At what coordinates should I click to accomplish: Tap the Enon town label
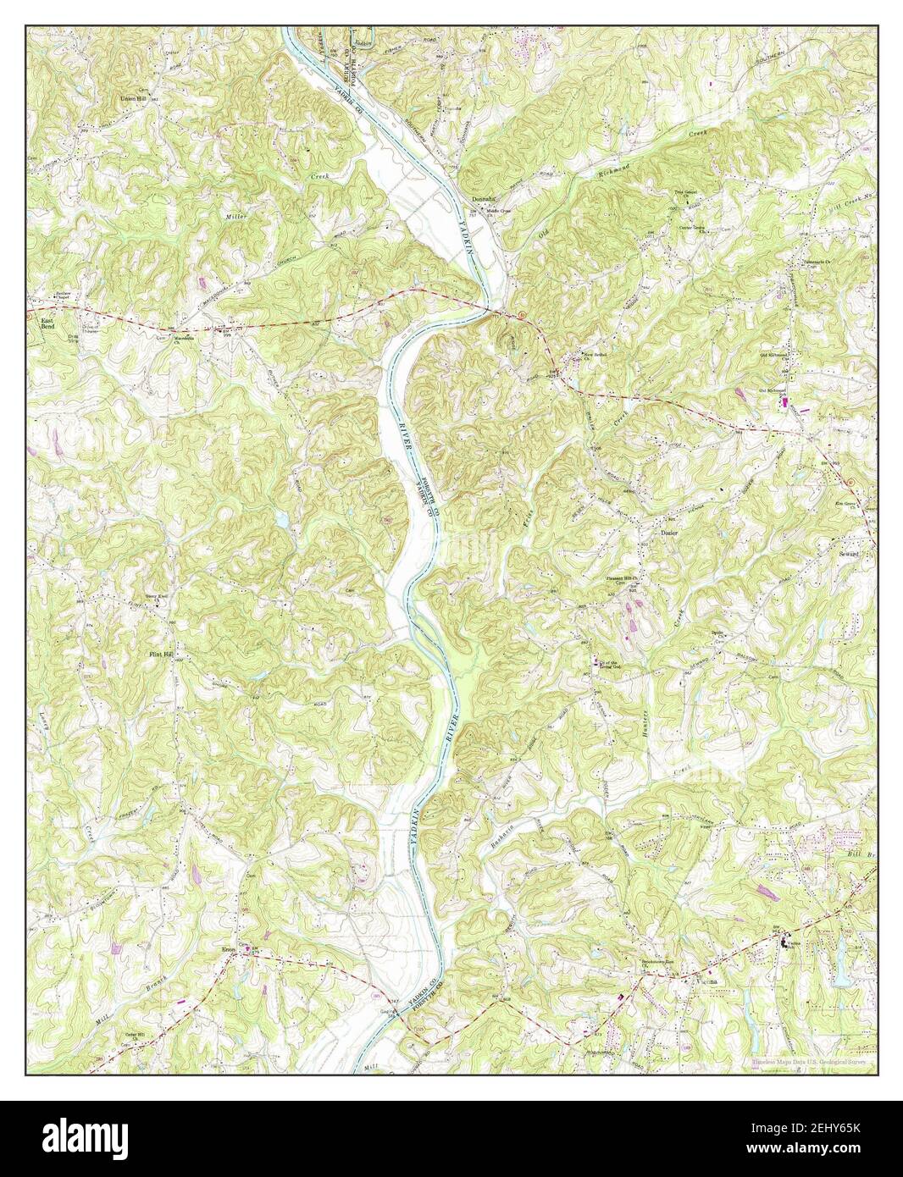pos(228,950)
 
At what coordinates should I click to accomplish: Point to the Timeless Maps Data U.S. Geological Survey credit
pos(812,1061)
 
